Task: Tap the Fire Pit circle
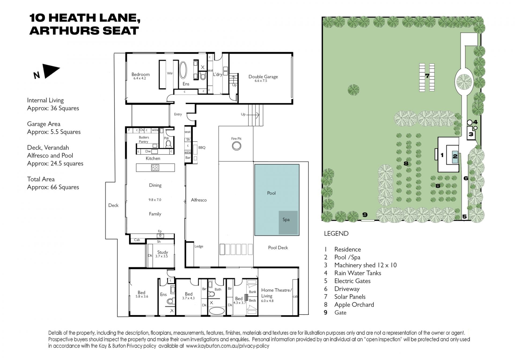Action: tap(236, 146)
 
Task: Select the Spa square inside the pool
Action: tap(288, 223)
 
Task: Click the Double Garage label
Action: tap(263, 77)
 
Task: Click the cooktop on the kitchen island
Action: tap(155, 168)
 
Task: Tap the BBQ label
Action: tap(202, 148)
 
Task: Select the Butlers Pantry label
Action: tap(144, 139)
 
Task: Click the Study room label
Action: tap(163, 252)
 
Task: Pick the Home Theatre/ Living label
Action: tap(276, 293)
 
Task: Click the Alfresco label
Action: tap(199, 200)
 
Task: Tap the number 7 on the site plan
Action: tap(427, 76)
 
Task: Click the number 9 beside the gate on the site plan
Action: tap(365, 215)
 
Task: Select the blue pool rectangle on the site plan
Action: tap(455, 156)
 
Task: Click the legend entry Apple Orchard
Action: tap(354, 305)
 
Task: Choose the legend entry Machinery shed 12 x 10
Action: tap(365, 265)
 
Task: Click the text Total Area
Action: tap(41, 179)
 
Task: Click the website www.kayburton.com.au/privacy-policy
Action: tap(227, 346)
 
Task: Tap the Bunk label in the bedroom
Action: tap(252, 292)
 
